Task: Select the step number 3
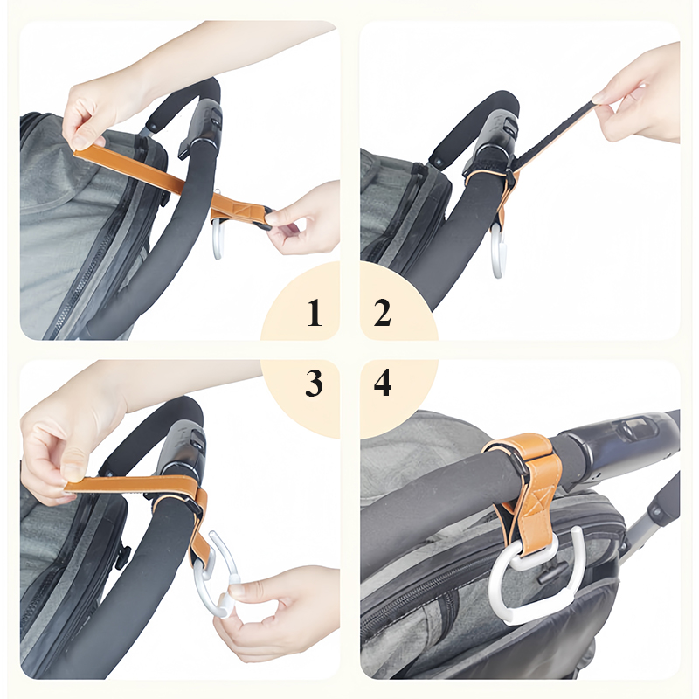pos(314,384)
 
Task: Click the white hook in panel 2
pos(497,253)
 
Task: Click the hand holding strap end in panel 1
pos(301,218)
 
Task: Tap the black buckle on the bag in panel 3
pos(122,555)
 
